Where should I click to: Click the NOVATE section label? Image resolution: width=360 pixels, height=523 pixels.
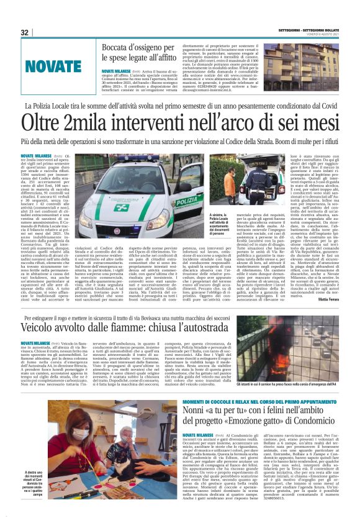pos(59,66)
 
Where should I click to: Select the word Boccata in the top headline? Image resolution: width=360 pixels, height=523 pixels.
pos(119,47)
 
